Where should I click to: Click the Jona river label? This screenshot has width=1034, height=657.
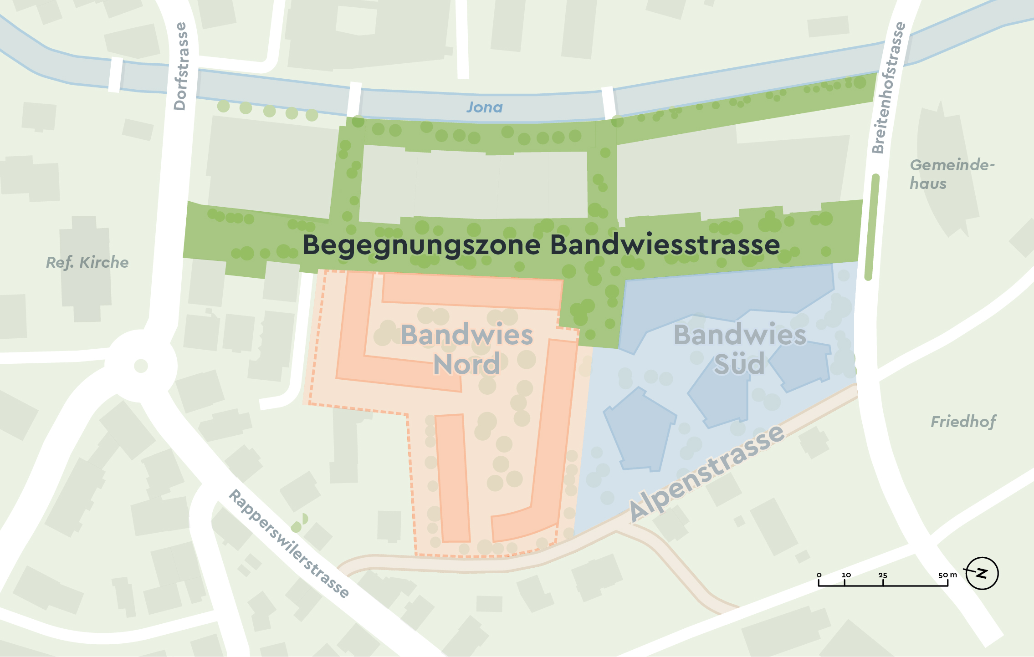484,107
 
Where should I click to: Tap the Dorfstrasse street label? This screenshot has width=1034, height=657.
181,66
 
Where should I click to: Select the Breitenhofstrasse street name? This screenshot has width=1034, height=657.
888,87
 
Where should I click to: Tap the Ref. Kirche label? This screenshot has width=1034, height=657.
87,263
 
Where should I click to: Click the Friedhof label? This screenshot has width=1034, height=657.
963,422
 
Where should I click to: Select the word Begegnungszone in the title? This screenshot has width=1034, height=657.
421,245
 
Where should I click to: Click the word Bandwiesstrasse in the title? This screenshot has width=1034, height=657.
665,244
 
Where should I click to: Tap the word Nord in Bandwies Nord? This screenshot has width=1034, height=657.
466,364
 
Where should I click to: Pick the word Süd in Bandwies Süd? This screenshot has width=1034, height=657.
739,364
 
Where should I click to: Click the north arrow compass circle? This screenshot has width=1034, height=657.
982,573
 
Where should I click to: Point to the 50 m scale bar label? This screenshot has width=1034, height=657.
947,575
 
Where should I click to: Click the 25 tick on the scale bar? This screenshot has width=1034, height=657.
883,576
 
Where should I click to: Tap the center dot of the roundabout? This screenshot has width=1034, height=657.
141,366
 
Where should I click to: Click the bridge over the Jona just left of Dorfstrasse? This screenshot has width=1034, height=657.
116,75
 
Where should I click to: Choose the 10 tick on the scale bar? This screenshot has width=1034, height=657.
846,576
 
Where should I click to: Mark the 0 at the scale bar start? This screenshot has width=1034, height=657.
819,575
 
